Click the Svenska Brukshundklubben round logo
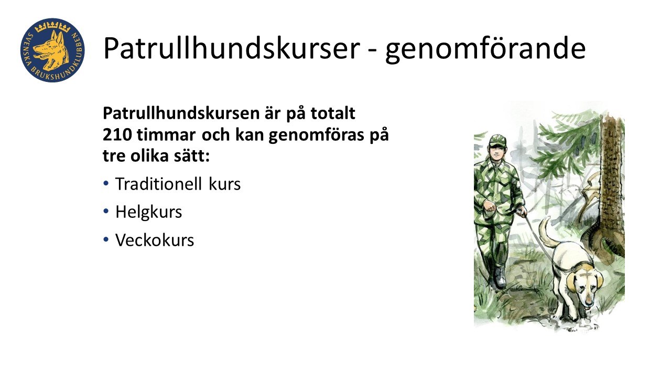52,50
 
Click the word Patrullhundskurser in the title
232,48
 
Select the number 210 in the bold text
117,135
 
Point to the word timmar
166,135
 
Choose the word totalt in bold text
333,113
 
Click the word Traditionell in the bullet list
158,184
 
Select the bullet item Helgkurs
148,212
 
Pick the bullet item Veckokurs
155,240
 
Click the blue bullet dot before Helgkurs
106,212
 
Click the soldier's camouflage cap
497,140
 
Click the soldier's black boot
500,278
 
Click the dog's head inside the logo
51,50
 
